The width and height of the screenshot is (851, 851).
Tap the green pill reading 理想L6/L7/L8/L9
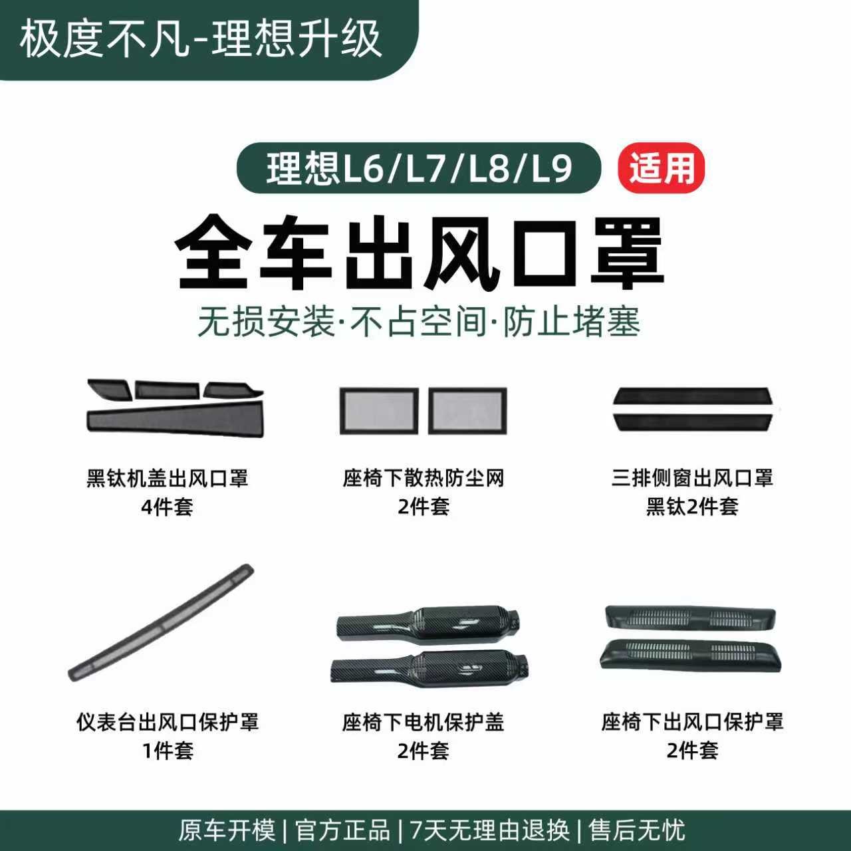419,168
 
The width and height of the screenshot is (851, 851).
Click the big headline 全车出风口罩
420,255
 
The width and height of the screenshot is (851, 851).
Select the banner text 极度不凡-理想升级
201,39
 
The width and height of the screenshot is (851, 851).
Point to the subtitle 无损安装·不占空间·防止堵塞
419,322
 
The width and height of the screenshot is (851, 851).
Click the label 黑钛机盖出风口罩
168,478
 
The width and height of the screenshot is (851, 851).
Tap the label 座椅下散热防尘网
424,478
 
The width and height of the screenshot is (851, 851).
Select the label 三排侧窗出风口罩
692,478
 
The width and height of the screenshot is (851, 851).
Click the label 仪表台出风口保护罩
168,722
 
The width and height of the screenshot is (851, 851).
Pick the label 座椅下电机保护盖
424,722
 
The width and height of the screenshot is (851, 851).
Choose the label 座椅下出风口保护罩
692,722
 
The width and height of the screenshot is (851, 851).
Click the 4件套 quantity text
168,507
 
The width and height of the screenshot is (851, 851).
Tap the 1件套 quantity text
168,751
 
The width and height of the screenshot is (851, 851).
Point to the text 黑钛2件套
692,507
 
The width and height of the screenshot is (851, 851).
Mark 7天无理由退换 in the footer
490,830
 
